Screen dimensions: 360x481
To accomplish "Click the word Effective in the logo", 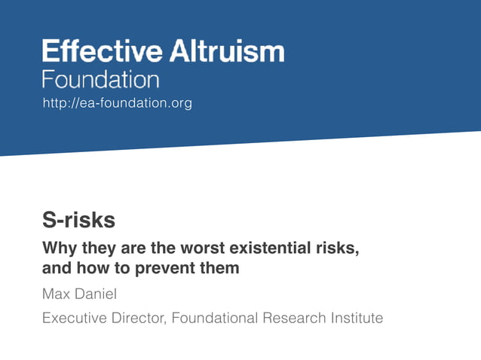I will tap(101, 51).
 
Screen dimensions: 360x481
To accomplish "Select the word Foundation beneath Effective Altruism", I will tap(100, 80).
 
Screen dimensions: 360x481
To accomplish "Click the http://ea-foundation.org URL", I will tap(118, 103).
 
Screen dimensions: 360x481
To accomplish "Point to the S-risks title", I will tap(78, 221).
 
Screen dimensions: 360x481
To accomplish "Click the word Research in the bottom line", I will tap(294, 318).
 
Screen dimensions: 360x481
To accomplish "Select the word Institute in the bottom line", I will tap(357, 318).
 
